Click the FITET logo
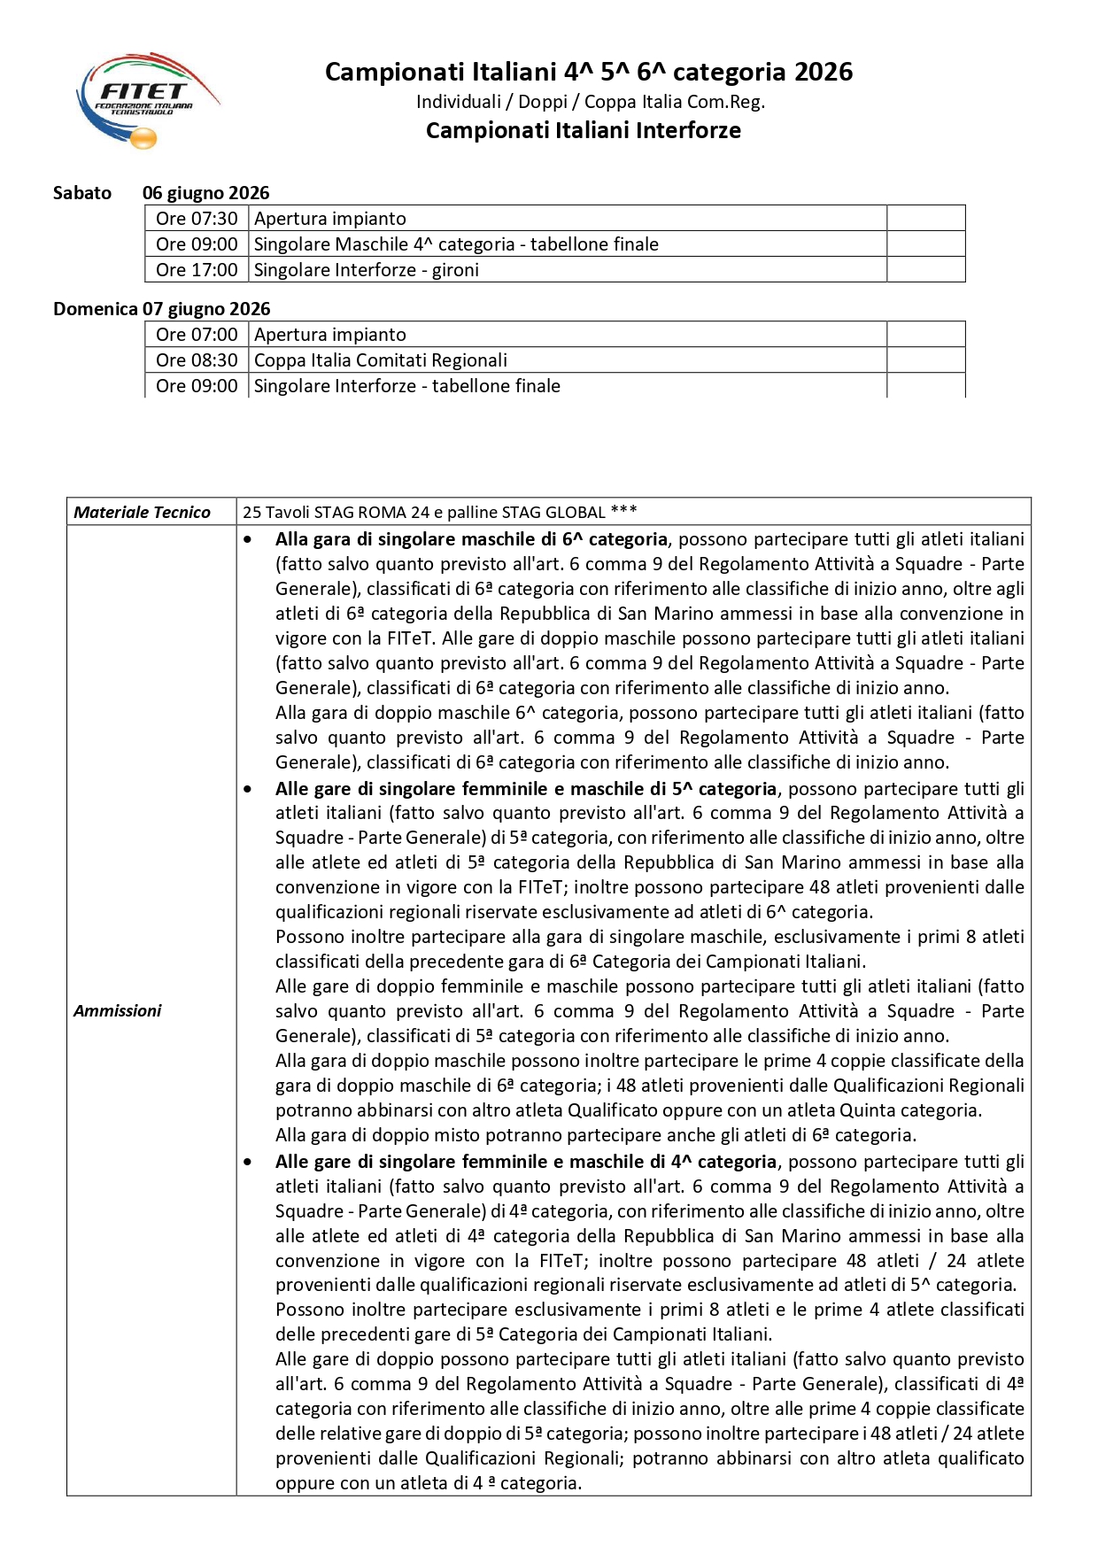coord(146,99)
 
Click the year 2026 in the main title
coord(823,72)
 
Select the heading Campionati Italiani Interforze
coord(583,130)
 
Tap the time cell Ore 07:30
coord(197,219)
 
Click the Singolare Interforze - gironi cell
coord(366,270)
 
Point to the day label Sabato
coord(82,193)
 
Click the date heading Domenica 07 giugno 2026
coord(162,309)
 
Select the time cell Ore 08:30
coord(197,360)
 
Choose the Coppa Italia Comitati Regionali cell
coord(381,360)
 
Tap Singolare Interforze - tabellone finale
coord(406,386)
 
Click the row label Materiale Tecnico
coord(142,512)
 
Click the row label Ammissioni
coord(118,1010)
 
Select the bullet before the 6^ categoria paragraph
coord(248,539)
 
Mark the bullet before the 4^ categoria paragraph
coord(248,1162)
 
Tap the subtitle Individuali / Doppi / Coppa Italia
coord(591,102)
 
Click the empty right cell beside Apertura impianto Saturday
coord(925,219)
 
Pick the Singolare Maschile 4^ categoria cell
coord(456,244)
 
